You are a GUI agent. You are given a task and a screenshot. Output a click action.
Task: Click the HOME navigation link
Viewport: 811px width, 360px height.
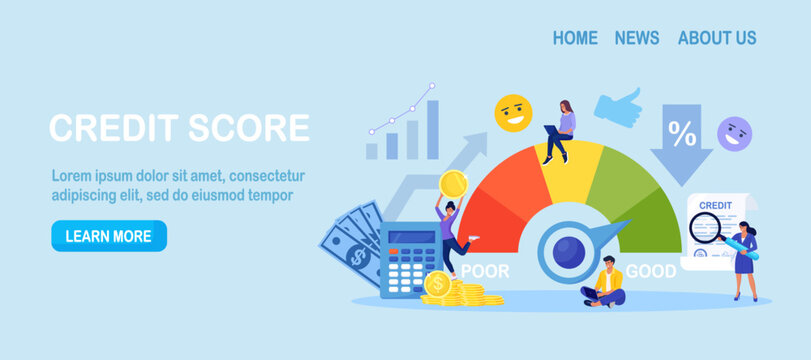575,38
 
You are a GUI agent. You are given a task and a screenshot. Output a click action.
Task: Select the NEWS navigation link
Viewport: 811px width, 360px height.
637,38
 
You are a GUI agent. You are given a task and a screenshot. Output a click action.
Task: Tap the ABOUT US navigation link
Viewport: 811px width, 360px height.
717,38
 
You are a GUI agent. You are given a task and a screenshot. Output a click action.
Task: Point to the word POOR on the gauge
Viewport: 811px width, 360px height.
484,271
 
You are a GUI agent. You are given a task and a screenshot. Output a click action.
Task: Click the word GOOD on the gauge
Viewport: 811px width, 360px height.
651,271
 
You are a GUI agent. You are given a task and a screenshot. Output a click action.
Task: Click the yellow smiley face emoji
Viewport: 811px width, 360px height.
513,112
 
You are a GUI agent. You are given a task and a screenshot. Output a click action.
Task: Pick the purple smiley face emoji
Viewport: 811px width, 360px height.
735,133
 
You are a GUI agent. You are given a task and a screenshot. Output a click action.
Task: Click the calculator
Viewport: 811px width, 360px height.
410,257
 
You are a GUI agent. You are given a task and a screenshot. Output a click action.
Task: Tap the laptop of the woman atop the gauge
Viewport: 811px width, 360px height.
552,129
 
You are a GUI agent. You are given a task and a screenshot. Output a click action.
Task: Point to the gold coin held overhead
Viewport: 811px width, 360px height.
453,183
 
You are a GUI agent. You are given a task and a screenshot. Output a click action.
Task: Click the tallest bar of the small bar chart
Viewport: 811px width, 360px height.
432,129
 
